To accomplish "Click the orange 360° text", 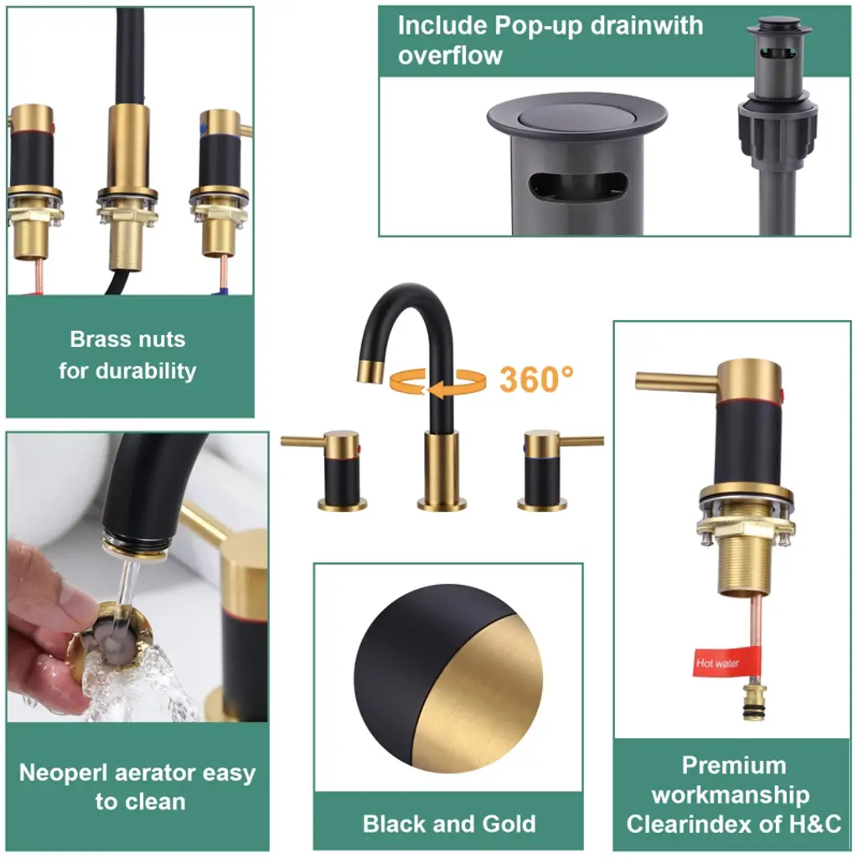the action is coord(536,380).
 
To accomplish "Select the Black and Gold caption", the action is coord(449,824).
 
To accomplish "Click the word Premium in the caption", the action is coord(734,765).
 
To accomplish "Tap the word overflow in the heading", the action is coord(450,55).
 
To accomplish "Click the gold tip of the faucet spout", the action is coord(371,372).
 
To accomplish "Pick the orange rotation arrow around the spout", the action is coord(437,381).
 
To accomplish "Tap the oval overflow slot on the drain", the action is coord(577,185).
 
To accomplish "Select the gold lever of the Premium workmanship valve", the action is coord(676,381).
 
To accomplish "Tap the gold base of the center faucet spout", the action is coord(442,471).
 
